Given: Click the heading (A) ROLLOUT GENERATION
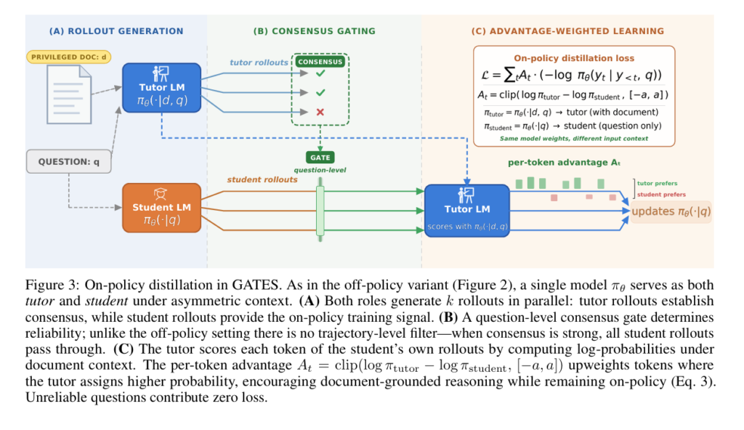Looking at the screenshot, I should point(116,31).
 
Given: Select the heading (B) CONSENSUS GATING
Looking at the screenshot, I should point(314,31).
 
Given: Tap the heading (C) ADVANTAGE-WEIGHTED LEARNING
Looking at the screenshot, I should point(567,31).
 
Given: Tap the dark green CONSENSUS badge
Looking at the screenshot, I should point(320,62).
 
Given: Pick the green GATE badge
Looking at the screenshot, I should point(320,157).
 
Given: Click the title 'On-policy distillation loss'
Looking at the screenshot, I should point(574,58).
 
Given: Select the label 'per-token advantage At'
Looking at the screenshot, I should point(559,163).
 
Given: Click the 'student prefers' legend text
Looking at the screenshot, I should point(660,195).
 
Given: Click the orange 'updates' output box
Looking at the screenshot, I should point(670,211).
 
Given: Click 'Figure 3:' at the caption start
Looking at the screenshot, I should point(49,284).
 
